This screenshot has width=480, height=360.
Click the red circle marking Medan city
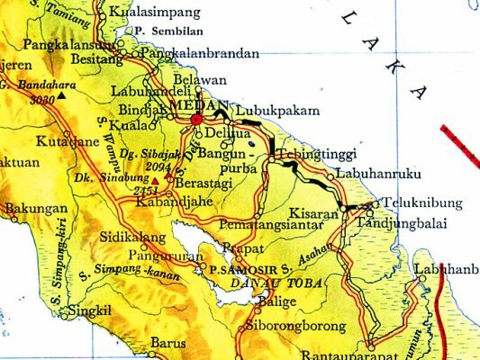click(x=196, y=119)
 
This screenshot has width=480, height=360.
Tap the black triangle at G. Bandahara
click(x=62, y=94)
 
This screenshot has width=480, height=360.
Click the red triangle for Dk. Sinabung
click(x=155, y=181)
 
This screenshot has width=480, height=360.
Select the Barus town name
click(x=168, y=343)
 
